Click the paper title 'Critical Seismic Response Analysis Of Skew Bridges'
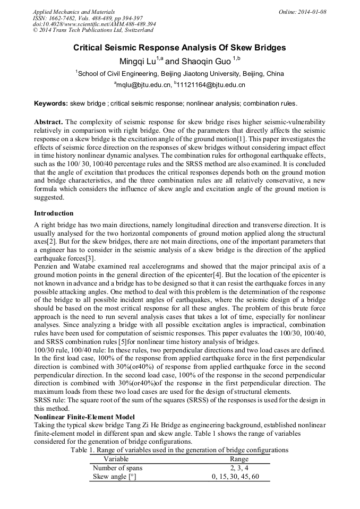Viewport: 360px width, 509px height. (x=179, y=48)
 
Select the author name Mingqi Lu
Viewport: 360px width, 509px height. (x=139, y=61)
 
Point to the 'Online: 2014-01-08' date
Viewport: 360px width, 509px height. (x=303, y=11)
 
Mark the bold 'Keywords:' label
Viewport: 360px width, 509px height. (x=51, y=103)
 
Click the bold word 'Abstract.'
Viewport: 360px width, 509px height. (x=49, y=122)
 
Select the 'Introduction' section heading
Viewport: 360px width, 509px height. (x=54, y=213)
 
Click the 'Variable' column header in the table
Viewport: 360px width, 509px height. (x=116, y=459)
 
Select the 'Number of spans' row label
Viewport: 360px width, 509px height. (x=117, y=468)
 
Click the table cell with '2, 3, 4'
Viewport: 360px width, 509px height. (x=239, y=468)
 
